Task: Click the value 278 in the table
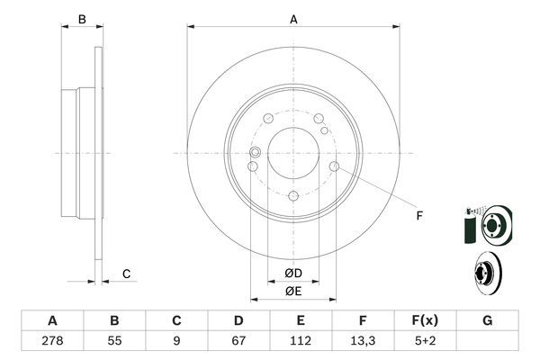tap(52, 342)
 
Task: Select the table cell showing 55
tap(114, 342)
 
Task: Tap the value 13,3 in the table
tap(362, 342)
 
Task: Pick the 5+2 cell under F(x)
tap(424, 342)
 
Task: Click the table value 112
tap(300, 342)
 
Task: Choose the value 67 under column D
tap(238, 342)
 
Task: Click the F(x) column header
tap(424, 320)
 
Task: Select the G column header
tap(487, 320)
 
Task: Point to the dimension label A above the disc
tap(293, 18)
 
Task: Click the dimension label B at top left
tap(81, 18)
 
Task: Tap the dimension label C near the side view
tap(127, 274)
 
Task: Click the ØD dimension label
tap(292, 273)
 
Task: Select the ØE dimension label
tap(292, 290)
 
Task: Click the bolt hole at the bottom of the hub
tap(293, 196)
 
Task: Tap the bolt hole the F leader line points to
tap(334, 166)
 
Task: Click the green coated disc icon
tap(488, 222)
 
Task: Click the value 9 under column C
tap(176, 342)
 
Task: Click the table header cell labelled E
tap(300, 320)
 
